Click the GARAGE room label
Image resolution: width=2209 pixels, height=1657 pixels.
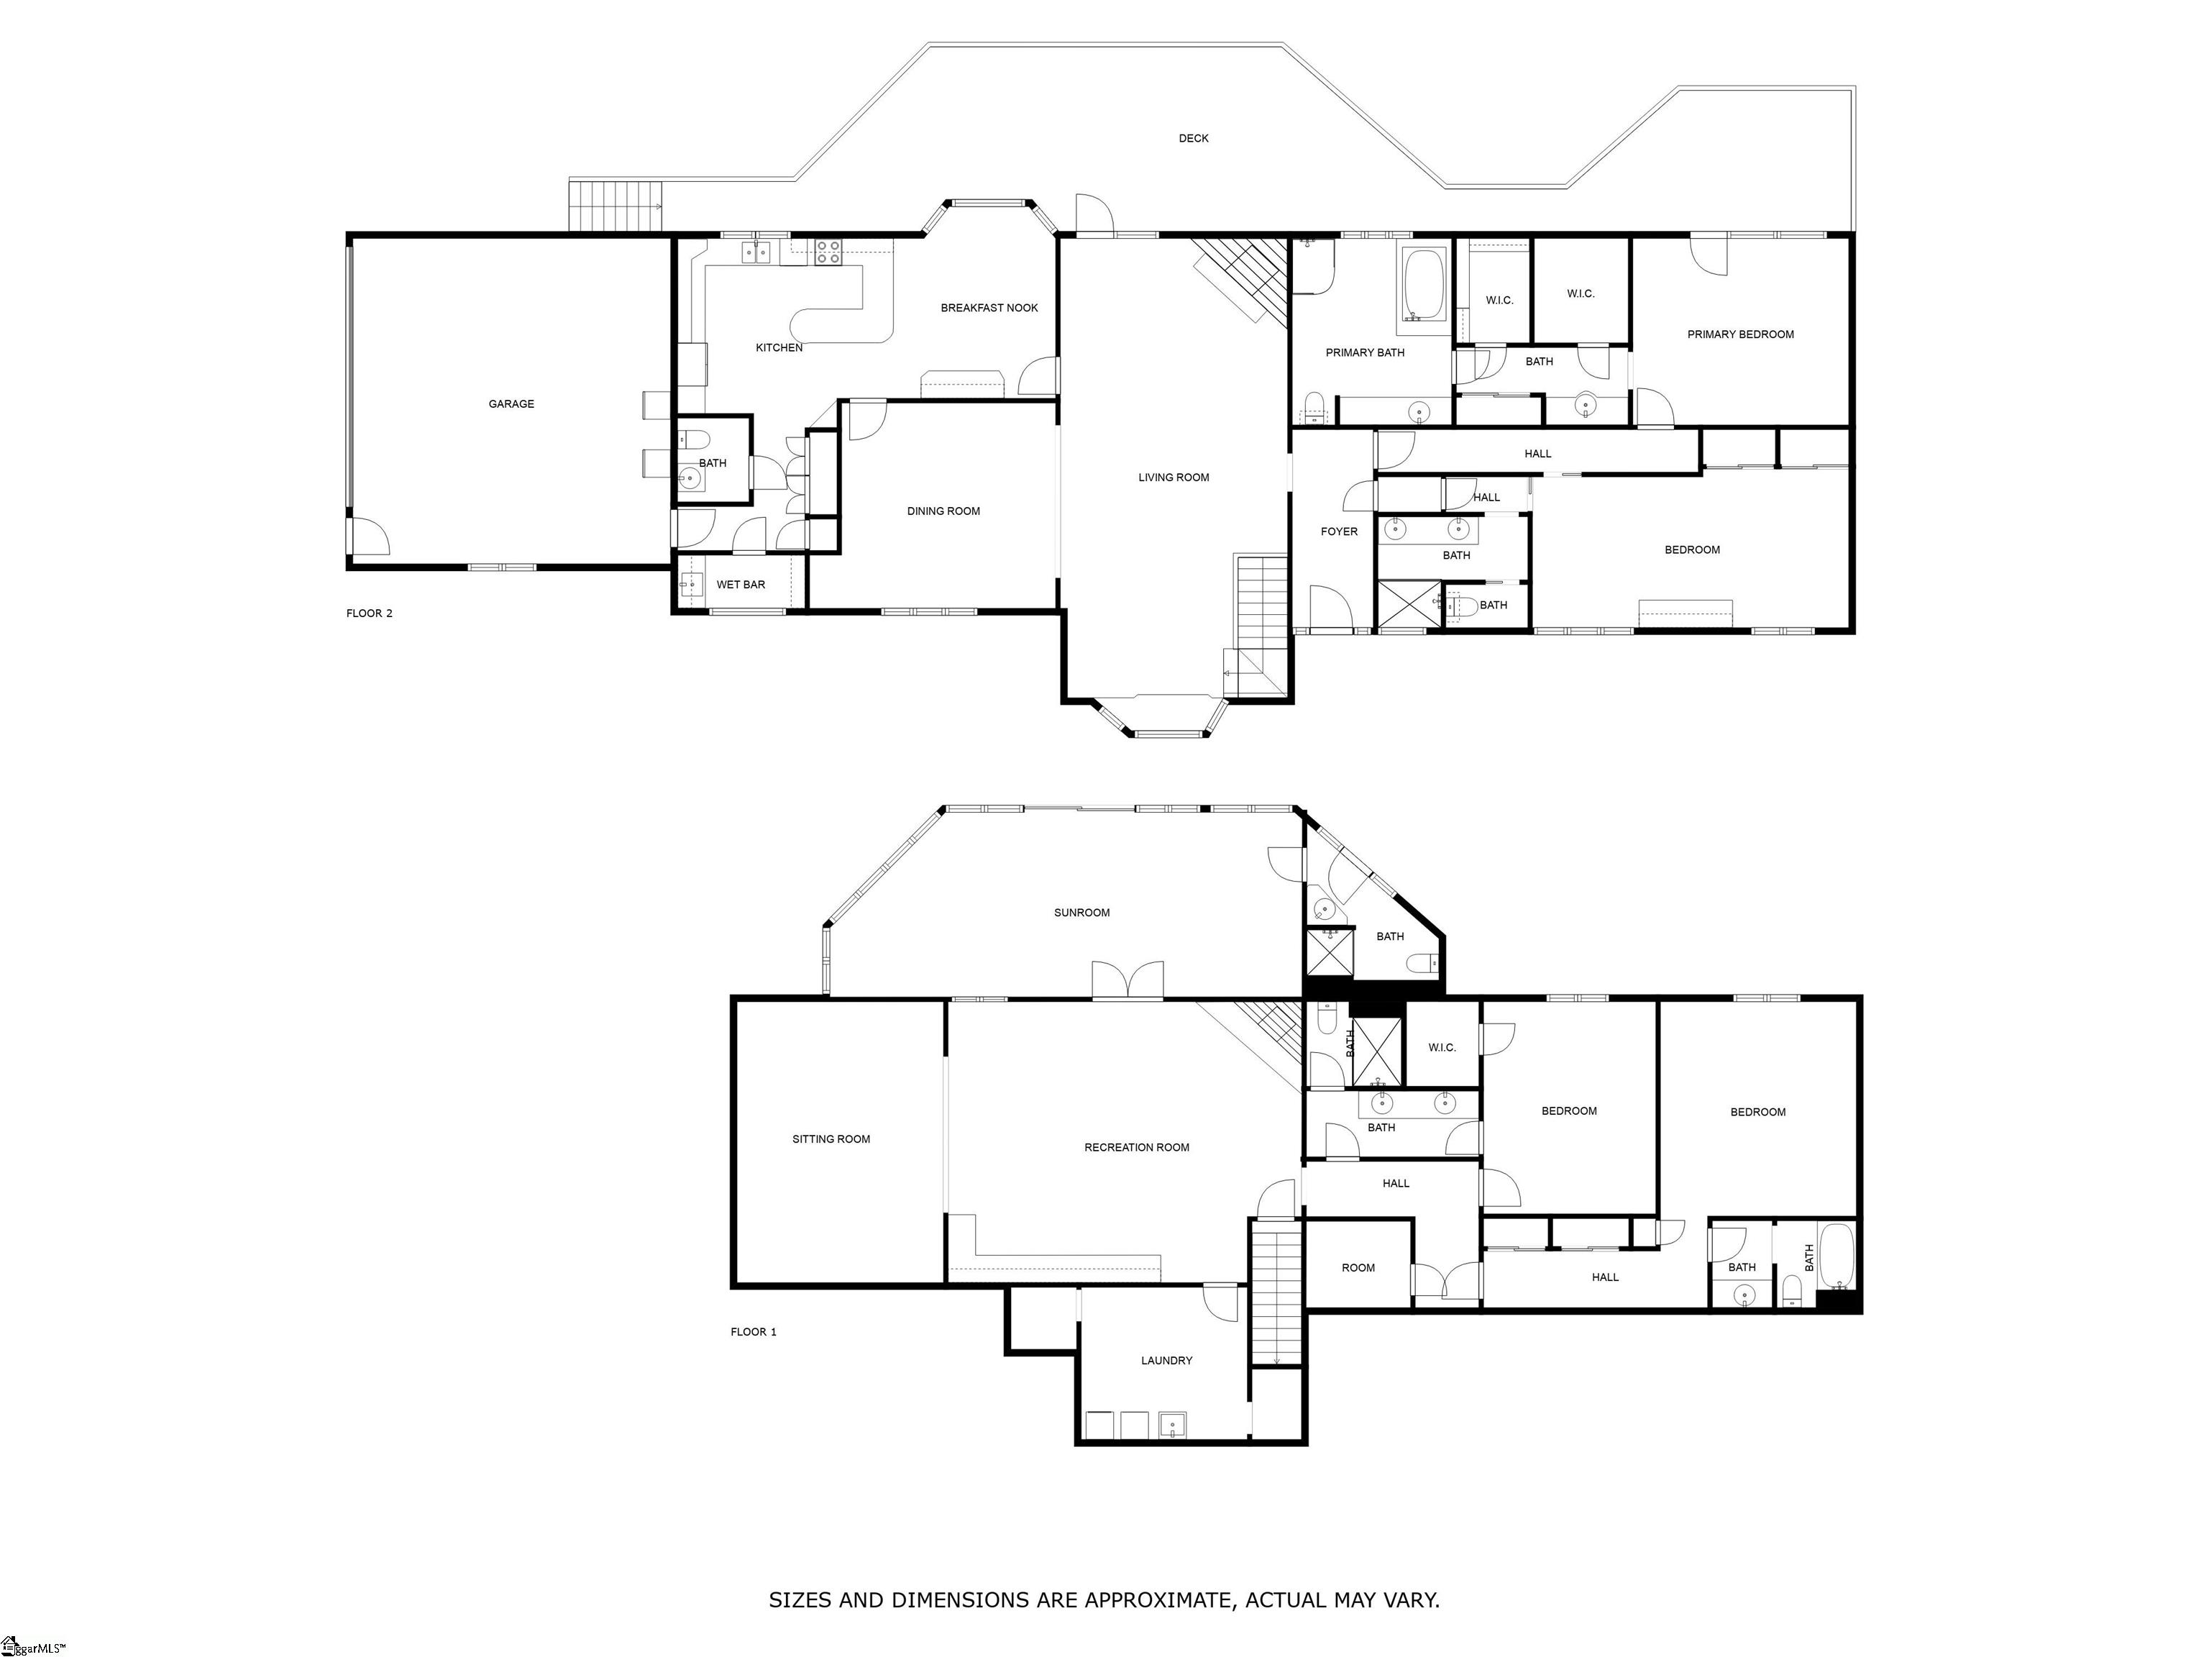click(511, 404)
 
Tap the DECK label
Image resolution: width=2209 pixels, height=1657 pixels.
click(1194, 139)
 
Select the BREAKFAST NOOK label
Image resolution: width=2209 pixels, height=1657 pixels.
click(989, 309)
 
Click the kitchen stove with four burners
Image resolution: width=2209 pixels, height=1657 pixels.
click(828, 252)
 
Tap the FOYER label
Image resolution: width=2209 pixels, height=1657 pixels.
click(1338, 532)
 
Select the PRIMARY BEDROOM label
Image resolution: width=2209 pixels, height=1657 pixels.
click(1739, 334)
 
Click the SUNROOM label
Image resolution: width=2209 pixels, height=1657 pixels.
click(1081, 913)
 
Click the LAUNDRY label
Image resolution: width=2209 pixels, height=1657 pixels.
click(1166, 1361)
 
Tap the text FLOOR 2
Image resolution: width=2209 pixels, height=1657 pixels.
click(370, 613)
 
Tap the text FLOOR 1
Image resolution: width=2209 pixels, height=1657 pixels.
click(753, 1331)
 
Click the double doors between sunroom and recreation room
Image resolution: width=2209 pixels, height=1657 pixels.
click(1128, 981)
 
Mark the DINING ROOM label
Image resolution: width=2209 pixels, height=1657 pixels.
click(943, 511)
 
